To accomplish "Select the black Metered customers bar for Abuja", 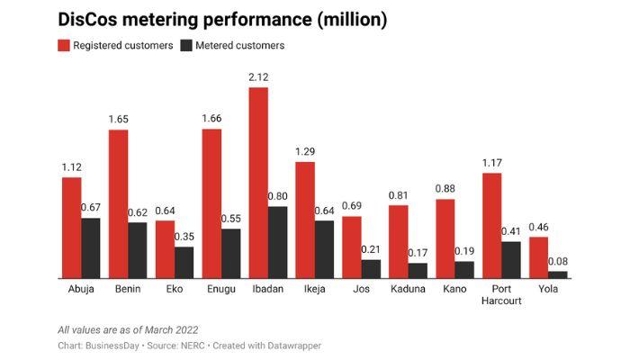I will pyautogui.click(x=91, y=248).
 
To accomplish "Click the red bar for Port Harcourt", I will pyautogui.click(x=491, y=226).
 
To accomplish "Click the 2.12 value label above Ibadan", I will pyautogui.click(x=258, y=78).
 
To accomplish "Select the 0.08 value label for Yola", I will pyautogui.click(x=558, y=262).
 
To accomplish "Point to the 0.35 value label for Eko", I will pyautogui.click(x=184, y=238).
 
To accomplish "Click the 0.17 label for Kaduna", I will pyautogui.click(x=418, y=254).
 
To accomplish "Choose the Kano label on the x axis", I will pyautogui.click(x=455, y=290).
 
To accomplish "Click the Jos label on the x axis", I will pyautogui.click(x=362, y=290).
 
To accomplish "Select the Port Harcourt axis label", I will pyautogui.click(x=502, y=295).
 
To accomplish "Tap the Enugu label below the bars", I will pyautogui.click(x=221, y=290).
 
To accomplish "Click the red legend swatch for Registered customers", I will pyautogui.click(x=64, y=45).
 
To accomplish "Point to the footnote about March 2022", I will pyautogui.click(x=128, y=329).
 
